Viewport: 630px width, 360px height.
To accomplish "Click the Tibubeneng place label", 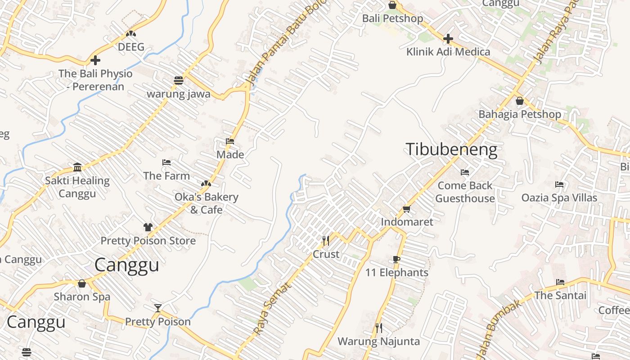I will tap(452, 149).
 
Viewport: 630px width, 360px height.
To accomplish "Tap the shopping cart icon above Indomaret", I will tap(407, 209).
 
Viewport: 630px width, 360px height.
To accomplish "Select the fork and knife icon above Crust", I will tap(326, 241).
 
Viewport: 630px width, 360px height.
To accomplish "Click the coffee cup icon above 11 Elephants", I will tap(396, 259).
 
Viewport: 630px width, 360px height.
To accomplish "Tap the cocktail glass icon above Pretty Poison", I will tap(158, 308).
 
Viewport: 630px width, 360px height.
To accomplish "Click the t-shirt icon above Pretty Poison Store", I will tap(148, 227).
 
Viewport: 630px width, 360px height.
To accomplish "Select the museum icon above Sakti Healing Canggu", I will tap(77, 167).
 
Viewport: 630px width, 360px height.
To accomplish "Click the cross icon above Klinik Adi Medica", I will tap(448, 38).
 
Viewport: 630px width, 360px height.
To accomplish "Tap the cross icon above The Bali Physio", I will tap(95, 60).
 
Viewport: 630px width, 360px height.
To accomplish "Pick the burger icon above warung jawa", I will tap(179, 81).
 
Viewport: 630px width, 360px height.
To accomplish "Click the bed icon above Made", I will tap(230, 141).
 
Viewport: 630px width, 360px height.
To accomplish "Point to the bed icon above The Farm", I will tap(166, 162).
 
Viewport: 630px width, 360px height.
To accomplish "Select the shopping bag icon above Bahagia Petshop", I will tap(520, 101).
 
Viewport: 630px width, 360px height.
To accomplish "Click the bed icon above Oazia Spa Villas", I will tap(559, 184).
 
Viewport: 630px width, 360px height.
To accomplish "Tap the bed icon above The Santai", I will tap(560, 282).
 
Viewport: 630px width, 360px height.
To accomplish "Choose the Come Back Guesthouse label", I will tap(465, 192).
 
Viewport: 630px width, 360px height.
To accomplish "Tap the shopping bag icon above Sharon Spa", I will tap(81, 283).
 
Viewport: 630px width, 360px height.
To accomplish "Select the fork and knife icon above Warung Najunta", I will tap(378, 328).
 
